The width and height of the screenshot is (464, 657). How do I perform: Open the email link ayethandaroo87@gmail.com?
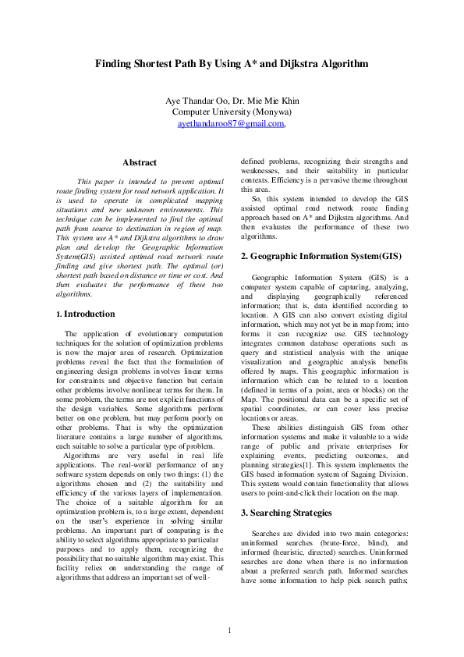click(229, 123)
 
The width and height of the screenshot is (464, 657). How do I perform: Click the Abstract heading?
click(140, 162)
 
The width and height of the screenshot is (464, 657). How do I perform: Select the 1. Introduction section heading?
click(87, 314)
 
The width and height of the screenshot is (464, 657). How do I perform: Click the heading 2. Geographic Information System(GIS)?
click(321, 256)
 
